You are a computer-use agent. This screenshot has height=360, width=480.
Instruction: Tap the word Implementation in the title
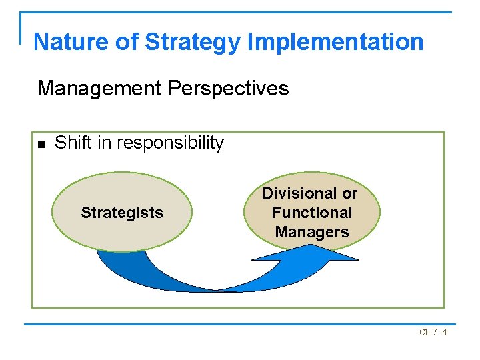tap(335, 42)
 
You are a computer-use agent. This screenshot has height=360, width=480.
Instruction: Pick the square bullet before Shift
tap(41, 144)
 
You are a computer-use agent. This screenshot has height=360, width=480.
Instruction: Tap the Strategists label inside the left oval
tap(121, 213)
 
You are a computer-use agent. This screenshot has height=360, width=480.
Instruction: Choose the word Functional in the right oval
tap(311, 213)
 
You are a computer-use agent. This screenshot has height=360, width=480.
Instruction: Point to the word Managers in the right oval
tap(311, 232)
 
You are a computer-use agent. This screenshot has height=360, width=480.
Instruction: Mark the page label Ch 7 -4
tap(433, 332)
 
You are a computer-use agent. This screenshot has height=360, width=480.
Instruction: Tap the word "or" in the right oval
tap(349, 193)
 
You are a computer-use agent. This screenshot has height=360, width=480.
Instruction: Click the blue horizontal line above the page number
tap(240, 324)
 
